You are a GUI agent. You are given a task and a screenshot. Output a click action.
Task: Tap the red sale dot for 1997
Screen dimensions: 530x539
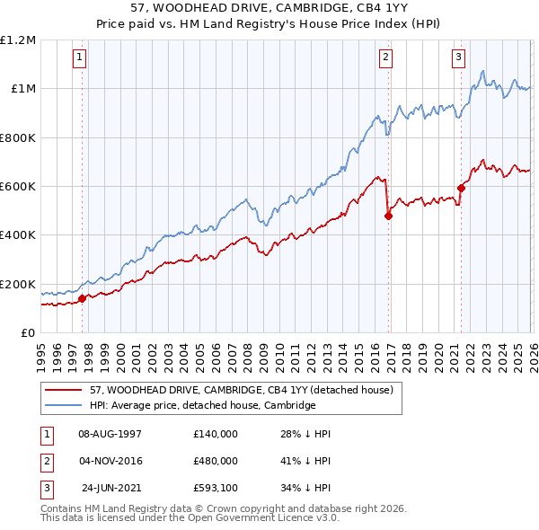tap(82, 298)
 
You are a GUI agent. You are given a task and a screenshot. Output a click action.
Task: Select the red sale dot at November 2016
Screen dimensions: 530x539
tap(389, 216)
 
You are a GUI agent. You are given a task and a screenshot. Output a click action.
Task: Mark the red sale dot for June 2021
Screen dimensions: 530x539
tap(462, 188)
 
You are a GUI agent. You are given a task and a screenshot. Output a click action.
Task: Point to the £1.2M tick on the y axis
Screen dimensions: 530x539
tap(18, 40)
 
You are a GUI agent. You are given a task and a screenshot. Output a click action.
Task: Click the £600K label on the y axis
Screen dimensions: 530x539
tap(18, 187)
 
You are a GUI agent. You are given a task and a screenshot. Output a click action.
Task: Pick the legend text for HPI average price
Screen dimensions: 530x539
tap(203, 406)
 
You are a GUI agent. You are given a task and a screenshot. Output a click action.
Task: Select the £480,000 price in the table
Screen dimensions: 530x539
tap(215, 462)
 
